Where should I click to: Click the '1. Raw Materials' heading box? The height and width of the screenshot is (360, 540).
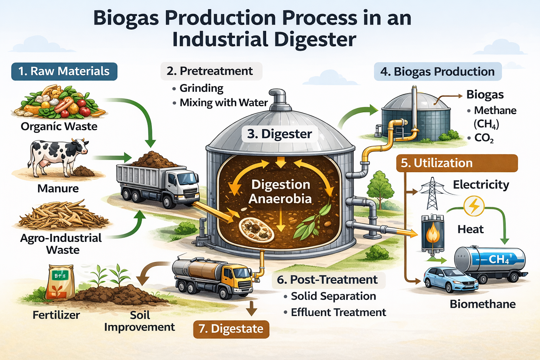[64, 71]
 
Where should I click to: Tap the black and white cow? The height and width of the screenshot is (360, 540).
[58, 155]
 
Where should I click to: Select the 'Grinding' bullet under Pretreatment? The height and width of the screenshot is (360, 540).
[201, 88]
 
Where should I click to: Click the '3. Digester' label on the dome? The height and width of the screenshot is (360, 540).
[279, 134]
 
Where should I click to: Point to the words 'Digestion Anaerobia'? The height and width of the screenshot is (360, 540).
[280, 192]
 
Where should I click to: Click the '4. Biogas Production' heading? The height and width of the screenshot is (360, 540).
[437, 71]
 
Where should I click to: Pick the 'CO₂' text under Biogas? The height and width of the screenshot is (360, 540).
[484, 138]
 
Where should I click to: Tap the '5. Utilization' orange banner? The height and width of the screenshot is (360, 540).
[457, 163]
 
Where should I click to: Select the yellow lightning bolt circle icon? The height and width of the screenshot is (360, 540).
[474, 206]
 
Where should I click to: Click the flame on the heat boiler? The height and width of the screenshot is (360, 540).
[432, 234]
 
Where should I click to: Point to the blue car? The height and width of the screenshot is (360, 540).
[450, 279]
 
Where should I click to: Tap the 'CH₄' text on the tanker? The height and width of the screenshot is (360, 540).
[499, 259]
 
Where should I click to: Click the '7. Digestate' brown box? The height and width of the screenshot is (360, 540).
[231, 329]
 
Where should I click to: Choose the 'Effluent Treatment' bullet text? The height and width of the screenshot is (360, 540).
[338, 312]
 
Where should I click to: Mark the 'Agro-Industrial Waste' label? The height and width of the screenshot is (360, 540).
[61, 244]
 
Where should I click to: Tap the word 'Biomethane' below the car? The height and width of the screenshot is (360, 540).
[482, 304]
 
